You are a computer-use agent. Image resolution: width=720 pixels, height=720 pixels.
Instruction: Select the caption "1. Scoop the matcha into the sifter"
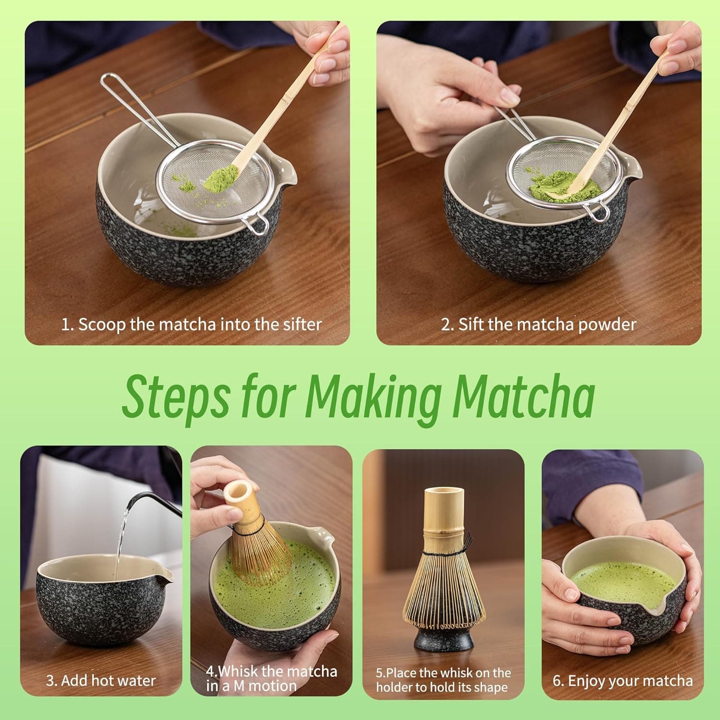(x=191, y=324)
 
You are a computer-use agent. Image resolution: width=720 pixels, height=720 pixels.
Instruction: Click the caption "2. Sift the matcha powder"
(x=538, y=324)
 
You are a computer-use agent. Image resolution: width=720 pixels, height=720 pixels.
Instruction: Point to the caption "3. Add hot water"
(x=101, y=680)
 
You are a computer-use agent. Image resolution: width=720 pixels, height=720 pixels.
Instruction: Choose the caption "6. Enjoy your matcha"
(x=623, y=681)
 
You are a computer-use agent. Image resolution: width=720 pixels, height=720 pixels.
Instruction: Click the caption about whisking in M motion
(x=271, y=678)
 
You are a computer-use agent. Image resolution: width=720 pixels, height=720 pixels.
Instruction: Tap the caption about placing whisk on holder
(x=443, y=680)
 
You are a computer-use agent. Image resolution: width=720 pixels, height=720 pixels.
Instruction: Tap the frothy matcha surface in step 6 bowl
(x=614, y=581)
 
